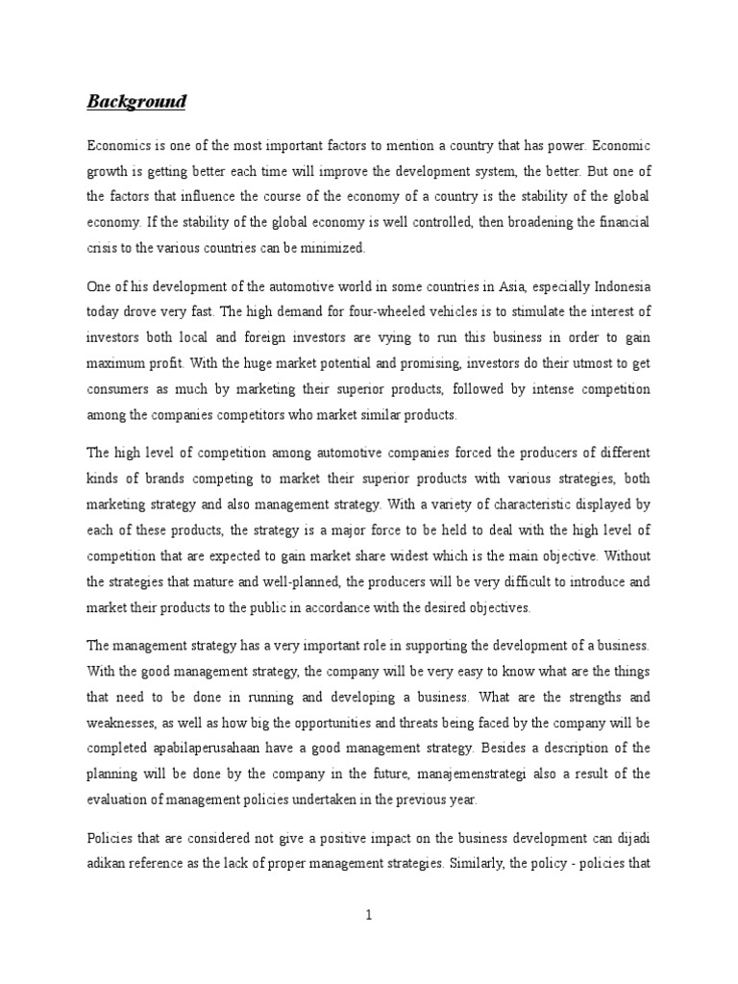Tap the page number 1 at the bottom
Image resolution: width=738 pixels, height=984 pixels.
(368, 916)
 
